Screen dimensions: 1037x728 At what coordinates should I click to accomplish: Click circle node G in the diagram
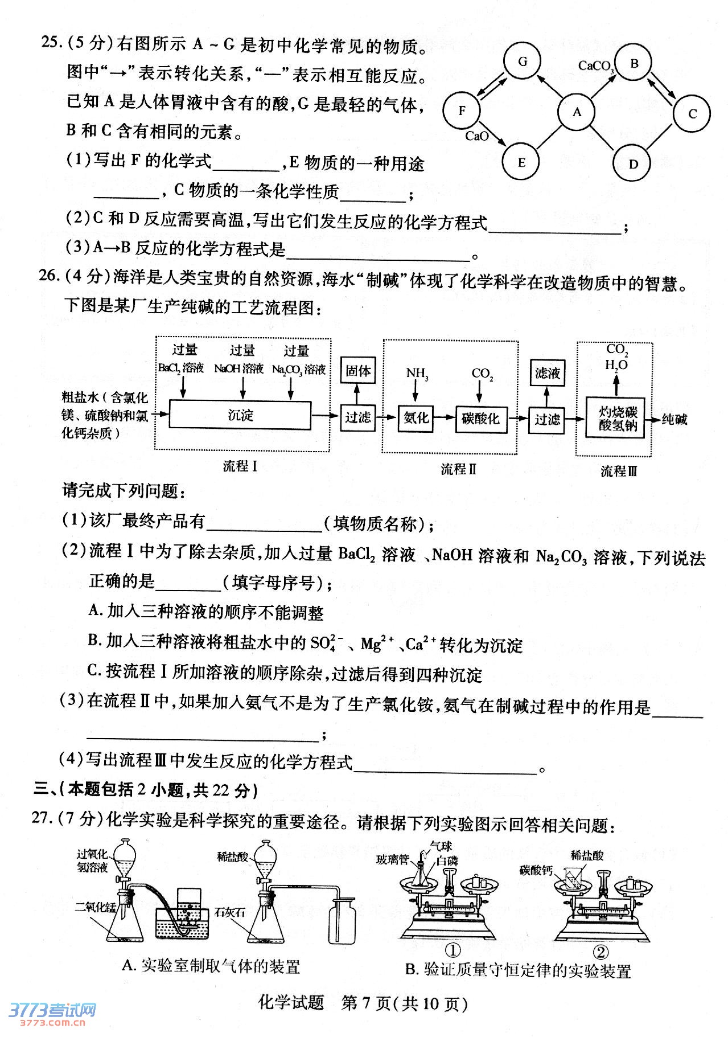pos(522,62)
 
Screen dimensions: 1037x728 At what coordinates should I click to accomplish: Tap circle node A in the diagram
pos(577,112)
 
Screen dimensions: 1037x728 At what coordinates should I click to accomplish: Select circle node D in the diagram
pos(632,164)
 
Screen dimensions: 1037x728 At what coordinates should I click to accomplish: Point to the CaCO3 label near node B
pos(595,66)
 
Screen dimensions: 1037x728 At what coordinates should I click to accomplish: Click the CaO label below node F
pos(476,136)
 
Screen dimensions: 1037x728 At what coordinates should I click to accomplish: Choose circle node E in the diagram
pos(521,162)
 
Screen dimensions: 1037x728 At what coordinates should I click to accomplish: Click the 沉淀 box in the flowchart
pos(240,415)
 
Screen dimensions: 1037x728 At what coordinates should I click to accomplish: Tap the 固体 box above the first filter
pos(357,371)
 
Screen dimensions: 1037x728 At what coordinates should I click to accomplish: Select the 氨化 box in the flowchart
pos(416,417)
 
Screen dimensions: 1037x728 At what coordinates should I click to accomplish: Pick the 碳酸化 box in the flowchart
pos(481,419)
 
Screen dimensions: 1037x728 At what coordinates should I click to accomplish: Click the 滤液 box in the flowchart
pos(547,373)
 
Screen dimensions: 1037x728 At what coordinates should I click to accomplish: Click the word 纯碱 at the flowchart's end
pos(674,419)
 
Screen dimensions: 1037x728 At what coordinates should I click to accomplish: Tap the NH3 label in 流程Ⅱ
pos(417,374)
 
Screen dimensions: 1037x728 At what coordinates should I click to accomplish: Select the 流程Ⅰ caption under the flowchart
pos(240,466)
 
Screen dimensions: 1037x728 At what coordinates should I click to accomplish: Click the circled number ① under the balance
pos(452,950)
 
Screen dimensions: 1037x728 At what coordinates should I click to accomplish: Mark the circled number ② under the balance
pos(601,952)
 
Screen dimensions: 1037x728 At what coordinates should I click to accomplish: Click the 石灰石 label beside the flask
pos(229,912)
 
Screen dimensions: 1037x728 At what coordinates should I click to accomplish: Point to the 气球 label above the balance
pos(441,846)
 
